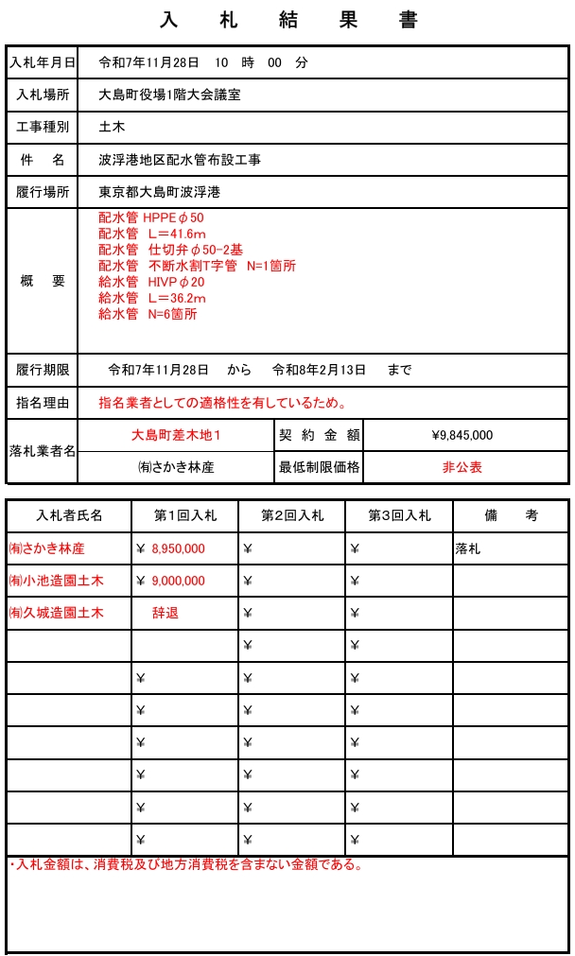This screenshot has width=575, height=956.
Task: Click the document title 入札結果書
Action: click(287, 20)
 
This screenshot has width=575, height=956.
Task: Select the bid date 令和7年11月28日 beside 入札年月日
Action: click(149, 62)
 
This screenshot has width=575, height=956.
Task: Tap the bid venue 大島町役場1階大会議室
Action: click(170, 95)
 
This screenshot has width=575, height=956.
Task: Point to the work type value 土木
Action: click(112, 127)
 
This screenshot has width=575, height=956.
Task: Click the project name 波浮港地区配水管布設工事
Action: click(180, 160)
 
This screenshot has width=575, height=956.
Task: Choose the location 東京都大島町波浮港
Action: click(159, 192)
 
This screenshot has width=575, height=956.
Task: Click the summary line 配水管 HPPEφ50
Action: click(151, 218)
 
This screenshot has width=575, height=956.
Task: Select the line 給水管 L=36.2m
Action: click(152, 299)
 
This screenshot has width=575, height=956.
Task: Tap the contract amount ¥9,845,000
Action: click(462, 436)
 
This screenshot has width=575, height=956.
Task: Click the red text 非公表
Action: click(462, 467)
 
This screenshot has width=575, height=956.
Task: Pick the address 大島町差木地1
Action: click(176, 436)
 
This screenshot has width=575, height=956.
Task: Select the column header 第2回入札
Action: click(292, 515)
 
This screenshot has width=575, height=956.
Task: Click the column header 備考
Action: click(511, 515)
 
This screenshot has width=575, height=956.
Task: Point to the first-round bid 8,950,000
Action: click(178, 548)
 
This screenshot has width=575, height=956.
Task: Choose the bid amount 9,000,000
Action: click(178, 581)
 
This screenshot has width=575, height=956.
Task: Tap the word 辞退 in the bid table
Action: click(166, 613)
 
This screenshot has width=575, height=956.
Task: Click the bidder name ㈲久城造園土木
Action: click(56, 613)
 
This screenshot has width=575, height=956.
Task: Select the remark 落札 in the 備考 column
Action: click(468, 548)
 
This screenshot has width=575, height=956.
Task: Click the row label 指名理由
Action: click(43, 403)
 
